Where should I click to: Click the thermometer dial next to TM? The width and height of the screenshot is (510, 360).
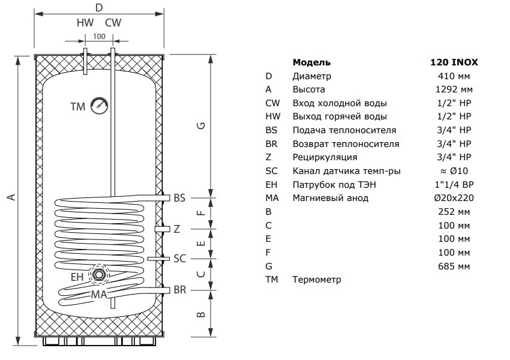point(99,106)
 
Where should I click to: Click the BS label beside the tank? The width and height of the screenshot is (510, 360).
point(179,198)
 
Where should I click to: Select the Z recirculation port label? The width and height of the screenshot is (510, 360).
point(176,229)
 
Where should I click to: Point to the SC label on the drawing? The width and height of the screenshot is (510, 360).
point(180,259)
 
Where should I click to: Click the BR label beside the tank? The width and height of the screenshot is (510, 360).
point(180,289)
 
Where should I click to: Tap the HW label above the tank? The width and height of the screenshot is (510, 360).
point(85,23)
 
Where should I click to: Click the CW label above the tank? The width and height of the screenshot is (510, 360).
point(113,23)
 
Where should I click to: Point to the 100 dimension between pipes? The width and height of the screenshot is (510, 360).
point(99,37)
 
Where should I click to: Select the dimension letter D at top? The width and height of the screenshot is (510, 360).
point(99,7)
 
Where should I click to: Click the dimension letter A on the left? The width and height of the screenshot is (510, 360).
point(12,197)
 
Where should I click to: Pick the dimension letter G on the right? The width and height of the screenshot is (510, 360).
point(202,125)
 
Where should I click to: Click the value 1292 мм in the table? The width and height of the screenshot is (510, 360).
point(454,89)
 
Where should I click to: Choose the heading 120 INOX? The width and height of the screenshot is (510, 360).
point(454,62)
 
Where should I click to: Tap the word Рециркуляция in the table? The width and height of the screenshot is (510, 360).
point(325,157)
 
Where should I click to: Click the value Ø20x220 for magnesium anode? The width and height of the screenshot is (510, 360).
point(454,198)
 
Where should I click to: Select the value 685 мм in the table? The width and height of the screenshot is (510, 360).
point(454,266)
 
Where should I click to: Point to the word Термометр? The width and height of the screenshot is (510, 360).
point(317,280)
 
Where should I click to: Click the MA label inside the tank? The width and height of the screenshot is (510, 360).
point(99,295)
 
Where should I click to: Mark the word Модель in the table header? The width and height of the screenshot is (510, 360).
point(311,62)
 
